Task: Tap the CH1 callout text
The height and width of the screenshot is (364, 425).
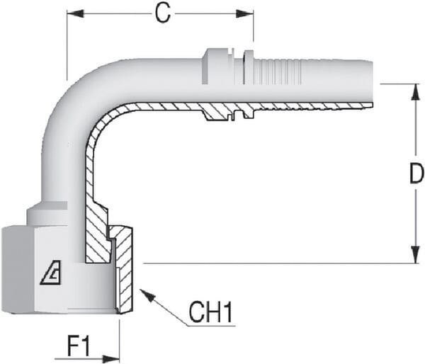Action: click(x=210, y=312)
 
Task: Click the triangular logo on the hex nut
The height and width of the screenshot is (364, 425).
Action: click(x=51, y=273)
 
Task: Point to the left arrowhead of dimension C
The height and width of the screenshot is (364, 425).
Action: click(x=75, y=13)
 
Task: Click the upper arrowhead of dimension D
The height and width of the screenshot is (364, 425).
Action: click(x=416, y=93)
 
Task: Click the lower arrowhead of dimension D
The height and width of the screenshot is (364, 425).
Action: click(x=416, y=254)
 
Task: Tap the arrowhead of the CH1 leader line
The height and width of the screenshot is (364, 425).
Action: click(x=147, y=296)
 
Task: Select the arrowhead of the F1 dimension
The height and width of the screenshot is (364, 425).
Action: click(x=111, y=359)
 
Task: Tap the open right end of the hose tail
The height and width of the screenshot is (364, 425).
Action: click(x=370, y=83)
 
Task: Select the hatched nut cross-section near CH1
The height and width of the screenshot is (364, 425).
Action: click(x=124, y=268)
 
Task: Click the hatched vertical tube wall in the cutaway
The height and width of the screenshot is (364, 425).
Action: click(x=90, y=174)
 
